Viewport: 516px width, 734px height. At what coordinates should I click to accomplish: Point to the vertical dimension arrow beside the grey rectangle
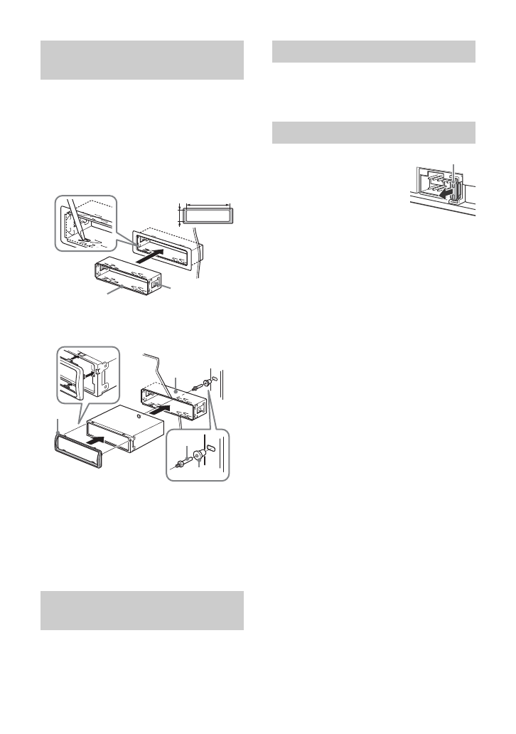pyautogui.click(x=179, y=213)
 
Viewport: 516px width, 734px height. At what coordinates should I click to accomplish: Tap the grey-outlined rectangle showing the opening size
pyautogui.click(x=208, y=215)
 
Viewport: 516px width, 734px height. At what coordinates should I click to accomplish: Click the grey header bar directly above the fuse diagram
pyautogui.click(x=374, y=133)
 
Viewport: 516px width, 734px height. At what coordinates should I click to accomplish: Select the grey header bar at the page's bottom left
pyautogui.click(x=141, y=610)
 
